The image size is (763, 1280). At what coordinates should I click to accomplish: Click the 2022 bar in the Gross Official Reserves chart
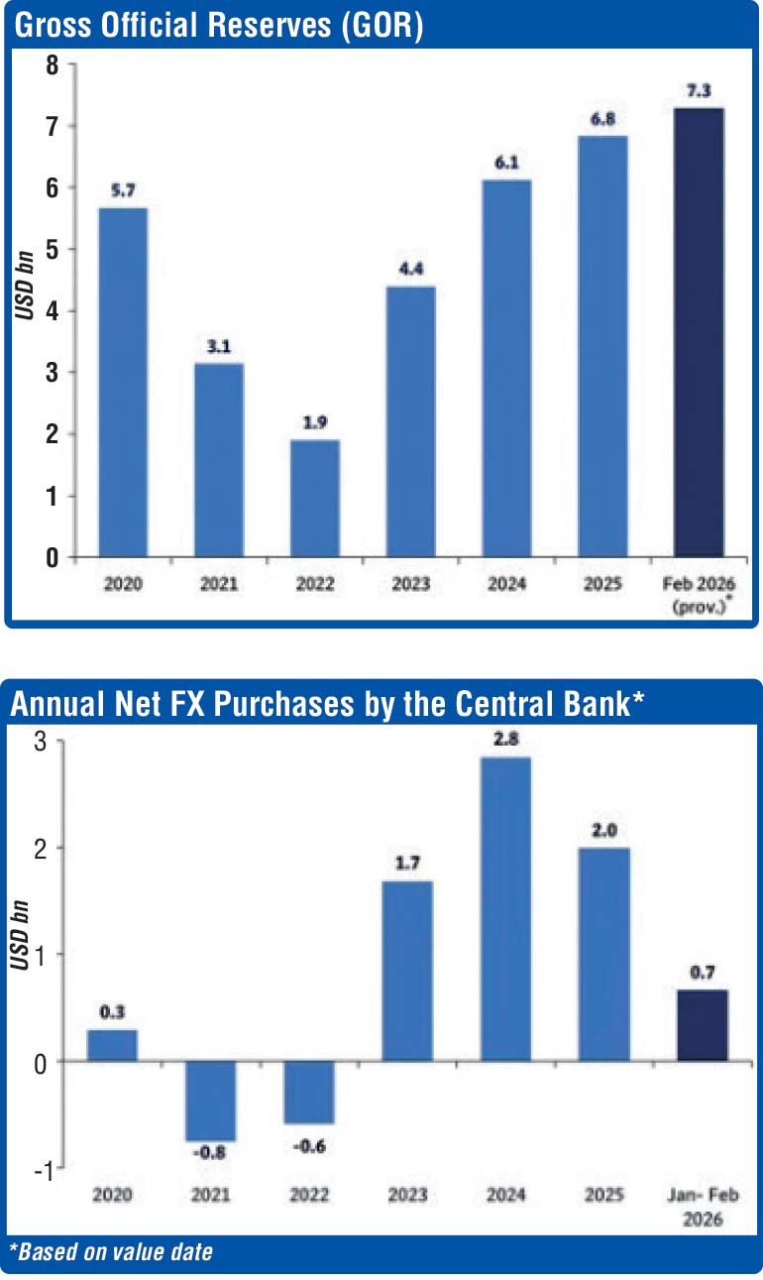[315, 499]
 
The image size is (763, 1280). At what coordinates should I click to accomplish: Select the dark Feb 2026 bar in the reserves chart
[699, 332]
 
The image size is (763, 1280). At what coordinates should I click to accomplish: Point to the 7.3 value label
[699, 90]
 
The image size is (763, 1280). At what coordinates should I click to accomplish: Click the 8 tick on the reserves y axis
[53, 64]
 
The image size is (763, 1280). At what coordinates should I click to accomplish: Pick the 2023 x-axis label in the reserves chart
[410, 584]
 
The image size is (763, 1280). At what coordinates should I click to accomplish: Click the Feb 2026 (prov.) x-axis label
[699, 594]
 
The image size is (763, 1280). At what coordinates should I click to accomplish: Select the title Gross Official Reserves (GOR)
[218, 26]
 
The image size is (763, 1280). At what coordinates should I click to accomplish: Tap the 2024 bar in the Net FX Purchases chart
[506, 908]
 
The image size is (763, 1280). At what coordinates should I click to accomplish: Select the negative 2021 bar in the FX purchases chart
[210, 1101]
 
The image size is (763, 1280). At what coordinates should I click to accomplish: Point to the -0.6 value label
[308, 1146]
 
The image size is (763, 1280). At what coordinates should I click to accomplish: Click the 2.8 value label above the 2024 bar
[506, 739]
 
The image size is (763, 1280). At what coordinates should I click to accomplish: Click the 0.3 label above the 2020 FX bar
[112, 1012]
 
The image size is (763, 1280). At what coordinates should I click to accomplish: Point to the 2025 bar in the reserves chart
[603, 346]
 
